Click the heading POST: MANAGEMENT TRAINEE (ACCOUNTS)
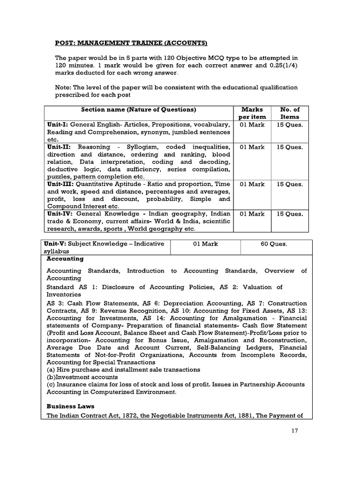click(x=131, y=43)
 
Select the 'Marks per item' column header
click(x=252, y=113)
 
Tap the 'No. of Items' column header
click(x=289, y=113)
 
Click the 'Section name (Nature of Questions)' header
click(x=138, y=110)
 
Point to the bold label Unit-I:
click(x=57, y=125)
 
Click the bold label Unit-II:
click(x=58, y=147)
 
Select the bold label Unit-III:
click(x=60, y=184)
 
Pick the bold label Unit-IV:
click(x=59, y=214)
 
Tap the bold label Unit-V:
click(x=58, y=244)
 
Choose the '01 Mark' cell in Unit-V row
click(x=205, y=244)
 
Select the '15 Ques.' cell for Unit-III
click(x=289, y=184)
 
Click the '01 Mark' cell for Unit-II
click(x=252, y=147)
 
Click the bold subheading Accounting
click(x=65, y=258)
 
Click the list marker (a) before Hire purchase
click(x=51, y=369)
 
